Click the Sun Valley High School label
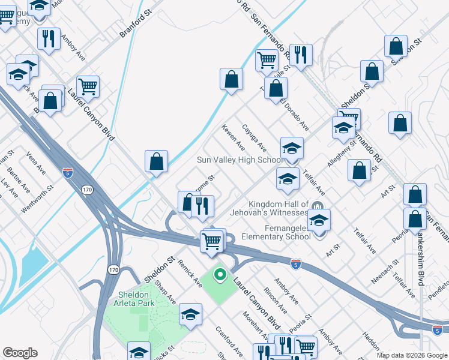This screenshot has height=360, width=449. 241,160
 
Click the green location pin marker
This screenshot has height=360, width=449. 220,275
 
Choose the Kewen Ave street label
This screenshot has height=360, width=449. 233,137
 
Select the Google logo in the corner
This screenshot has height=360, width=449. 20,353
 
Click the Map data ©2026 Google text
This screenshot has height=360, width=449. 412,355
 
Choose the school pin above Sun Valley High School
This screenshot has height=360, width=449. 292,147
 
